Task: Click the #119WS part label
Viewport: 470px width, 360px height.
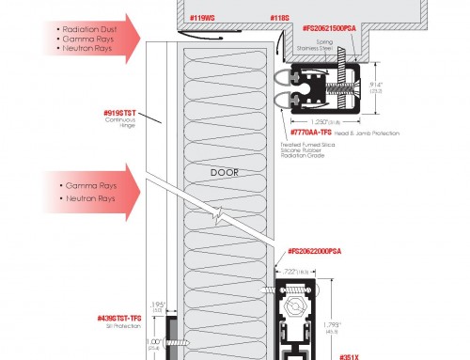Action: pyautogui.click(x=202, y=17)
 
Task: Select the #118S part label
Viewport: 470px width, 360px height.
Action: pyautogui.click(x=253, y=17)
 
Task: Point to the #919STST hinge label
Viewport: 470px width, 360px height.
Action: pyautogui.click(x=122, y=112)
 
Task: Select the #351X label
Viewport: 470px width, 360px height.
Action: pyautogui.click(x=349, y=354)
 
